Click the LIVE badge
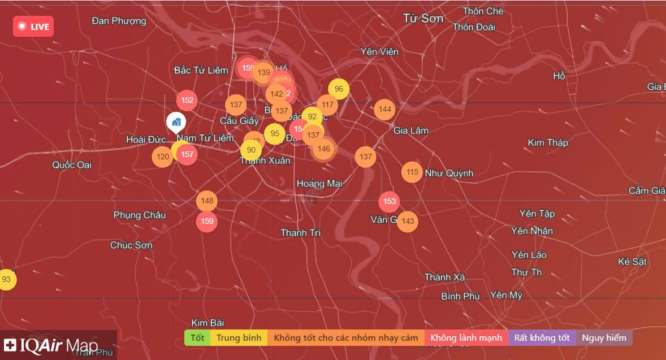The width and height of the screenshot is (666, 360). (33, 27)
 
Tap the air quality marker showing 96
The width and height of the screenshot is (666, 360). (339, 89)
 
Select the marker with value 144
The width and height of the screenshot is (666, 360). (384, 110)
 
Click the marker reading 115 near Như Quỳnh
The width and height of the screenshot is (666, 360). (412, 172)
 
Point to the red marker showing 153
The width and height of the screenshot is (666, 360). (389, 202)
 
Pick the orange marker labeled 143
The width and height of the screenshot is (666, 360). (408, 222)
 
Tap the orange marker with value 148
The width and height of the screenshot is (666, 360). (207, 201)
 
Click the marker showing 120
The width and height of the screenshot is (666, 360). (163, 157)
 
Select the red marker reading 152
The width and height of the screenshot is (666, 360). (187, 101)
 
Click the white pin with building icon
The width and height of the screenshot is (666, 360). (176, 122)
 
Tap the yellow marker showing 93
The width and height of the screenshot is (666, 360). (6, 279)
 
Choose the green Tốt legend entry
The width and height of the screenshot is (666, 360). (197, 338)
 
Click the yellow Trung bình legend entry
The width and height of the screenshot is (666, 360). (239, 338)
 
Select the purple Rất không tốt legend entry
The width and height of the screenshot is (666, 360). (542, 338)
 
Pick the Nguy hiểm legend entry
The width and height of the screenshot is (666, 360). (604, 338)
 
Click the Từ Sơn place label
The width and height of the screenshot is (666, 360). (423, 19)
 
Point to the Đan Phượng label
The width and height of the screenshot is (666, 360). (119, 21)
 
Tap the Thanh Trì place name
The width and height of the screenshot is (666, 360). (301, 233)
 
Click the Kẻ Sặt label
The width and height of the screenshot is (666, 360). (632, 262)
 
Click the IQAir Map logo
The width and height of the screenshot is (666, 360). (51, 345)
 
